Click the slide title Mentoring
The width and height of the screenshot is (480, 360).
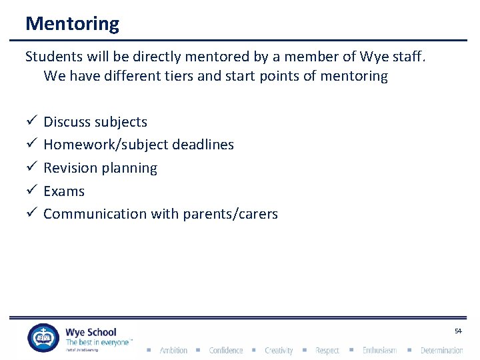click(x=72, y=24)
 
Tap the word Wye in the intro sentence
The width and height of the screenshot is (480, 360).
click(x=372, y=57)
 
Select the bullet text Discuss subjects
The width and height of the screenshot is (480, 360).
click(x=95, y=122)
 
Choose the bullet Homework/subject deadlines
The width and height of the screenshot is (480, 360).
click(x=139, y=145)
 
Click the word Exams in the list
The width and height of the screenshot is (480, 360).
click(x=64, y=191)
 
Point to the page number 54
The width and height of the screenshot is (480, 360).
click(x=458, y=331)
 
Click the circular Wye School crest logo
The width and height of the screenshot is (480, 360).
click(x=43, y=338)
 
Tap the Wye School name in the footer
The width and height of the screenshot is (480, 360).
click(x=91, y=332)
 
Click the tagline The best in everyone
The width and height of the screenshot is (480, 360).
click(x=97, y=342)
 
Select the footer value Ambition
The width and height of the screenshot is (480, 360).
click(x=173, y=351)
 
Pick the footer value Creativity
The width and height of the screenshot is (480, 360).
click(x=279, y=351)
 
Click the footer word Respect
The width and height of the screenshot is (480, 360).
click(x=327, y=351)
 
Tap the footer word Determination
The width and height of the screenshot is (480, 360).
click(x=441, y=351)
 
